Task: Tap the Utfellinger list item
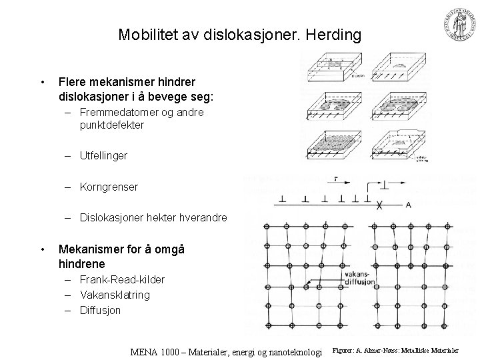[103, 155]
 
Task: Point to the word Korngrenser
[109, 187]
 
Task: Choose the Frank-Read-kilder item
[122, 279]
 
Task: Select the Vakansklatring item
[115, 295]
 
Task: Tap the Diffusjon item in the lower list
[101, 310]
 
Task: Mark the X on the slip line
[379, 205]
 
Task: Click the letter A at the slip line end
[407, 204]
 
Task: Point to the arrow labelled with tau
[338, 181]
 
